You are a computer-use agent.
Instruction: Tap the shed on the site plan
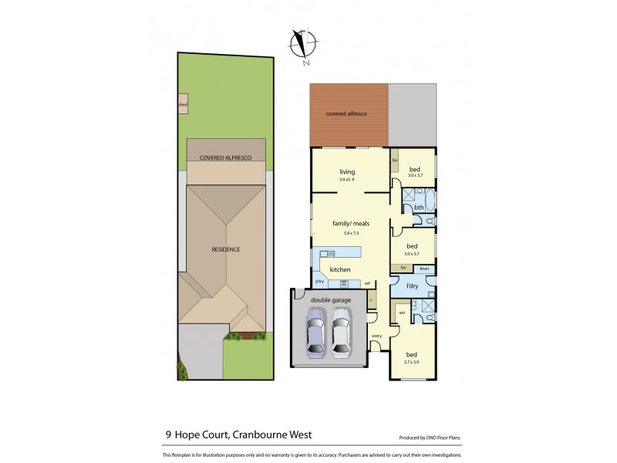183,104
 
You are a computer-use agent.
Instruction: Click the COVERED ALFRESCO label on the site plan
223,157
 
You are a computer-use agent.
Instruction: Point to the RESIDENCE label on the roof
226,249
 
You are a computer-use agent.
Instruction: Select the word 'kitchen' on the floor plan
340,269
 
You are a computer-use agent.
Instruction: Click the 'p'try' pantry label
320,283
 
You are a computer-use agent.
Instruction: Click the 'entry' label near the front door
376,336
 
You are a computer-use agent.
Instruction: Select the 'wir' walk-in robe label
402,313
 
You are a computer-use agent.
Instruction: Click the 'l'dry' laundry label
413,287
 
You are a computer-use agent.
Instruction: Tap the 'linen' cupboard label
424,268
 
